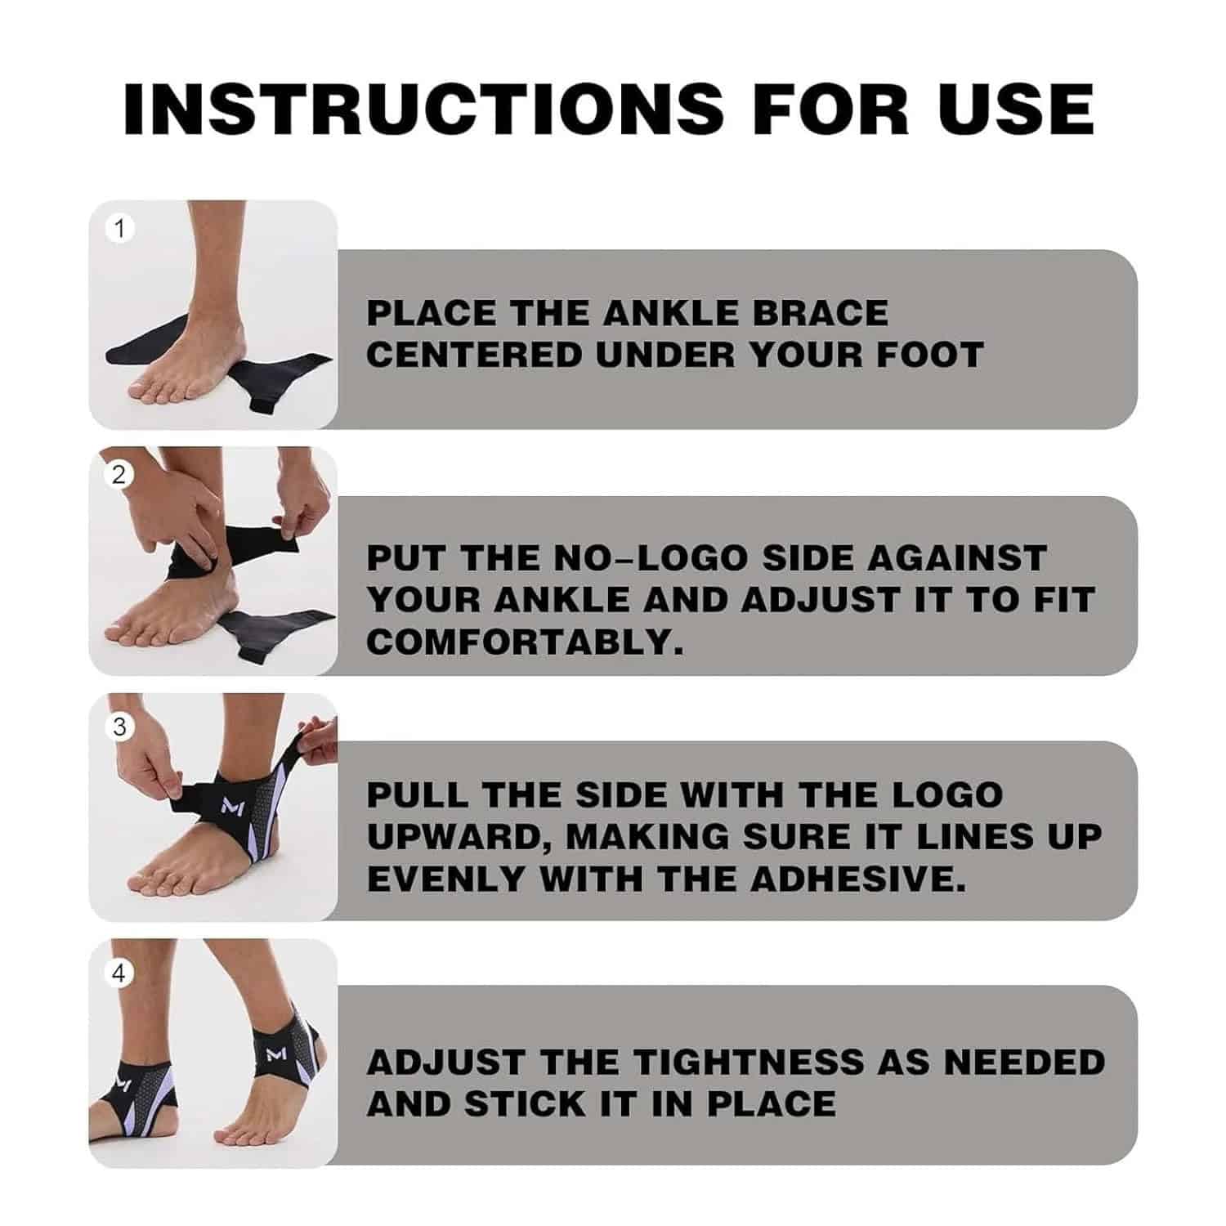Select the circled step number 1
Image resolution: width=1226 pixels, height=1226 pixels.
point(120,230)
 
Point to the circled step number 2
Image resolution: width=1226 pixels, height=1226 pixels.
point(119,475)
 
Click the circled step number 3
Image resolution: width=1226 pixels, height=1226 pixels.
point(120,727)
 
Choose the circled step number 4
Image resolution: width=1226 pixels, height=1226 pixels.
point(120,974)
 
